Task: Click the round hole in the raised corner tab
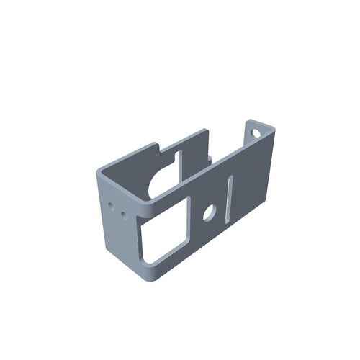[x=255, y=132]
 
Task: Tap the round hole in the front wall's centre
[x=209, y=212]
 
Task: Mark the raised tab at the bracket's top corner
[x=261, y=130]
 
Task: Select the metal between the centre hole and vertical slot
[x=220, y=209]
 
